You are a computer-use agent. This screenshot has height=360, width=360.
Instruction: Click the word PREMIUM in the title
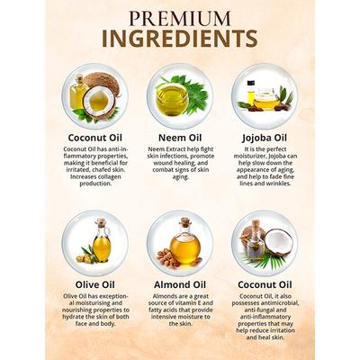pyautogui.click(x=180, y=19)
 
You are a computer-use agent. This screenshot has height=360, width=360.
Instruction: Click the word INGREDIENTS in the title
pyautogui.click(x=180, y=39)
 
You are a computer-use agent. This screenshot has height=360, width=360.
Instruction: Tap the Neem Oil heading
pyautogui.click(x=180, y=138)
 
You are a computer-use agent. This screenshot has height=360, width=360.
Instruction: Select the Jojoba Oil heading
pyautogui.click(x=265, y=139)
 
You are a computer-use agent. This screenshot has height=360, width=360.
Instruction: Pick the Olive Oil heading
pyautogui.click(x=95, y=284)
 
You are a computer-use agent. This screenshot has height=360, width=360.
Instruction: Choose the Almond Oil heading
pyautogui.click(x=180, y=284)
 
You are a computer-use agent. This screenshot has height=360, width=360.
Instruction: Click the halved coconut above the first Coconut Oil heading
pyautogui.click(x=99, y=102)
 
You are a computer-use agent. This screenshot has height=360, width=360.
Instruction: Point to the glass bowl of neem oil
pyautogui.click(x=172, y=99)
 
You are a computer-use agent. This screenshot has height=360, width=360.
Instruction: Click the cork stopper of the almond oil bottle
pyautogui.click(x=185, y=221)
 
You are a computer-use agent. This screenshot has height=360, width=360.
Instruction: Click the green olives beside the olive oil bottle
pyautogui.click(x=84, y=258)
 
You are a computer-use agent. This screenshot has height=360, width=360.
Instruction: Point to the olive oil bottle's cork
pyautogui.click(x=102, y=221)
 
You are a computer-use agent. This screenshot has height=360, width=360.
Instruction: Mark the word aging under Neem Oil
pyautogui.click(x=180, y=177)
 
